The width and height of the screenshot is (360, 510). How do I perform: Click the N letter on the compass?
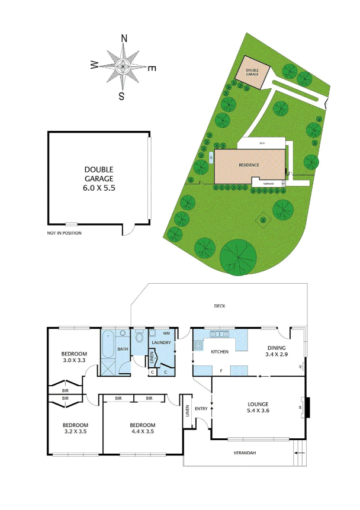[x=124, y=39]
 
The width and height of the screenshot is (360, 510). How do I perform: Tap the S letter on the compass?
[x=121, y=95]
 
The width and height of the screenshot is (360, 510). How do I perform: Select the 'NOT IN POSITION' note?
[x=64, y=233]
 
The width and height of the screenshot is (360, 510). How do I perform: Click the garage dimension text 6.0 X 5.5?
[x=98, y=187]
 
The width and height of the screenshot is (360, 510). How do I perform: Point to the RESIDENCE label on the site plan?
[x=249, y=165]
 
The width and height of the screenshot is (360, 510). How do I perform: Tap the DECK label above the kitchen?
[x=220, y=306]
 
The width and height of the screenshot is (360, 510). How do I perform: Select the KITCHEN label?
[x=220, y=352]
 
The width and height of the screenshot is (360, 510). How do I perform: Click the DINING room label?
[x=276, y=348]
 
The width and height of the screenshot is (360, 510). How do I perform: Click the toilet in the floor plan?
[x=140, y=337]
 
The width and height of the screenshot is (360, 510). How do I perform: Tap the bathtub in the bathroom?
[x=108, y=345]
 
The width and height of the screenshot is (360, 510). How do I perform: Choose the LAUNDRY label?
[x=162, y=343]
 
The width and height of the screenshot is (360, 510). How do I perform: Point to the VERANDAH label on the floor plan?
[x=245, y=453]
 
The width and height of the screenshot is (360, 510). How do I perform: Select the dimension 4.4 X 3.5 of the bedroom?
[x=142, y=432]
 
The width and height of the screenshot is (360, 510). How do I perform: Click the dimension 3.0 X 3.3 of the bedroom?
[x=75, y=360]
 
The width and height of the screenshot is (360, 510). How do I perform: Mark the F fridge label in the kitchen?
[x=221, y=371]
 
